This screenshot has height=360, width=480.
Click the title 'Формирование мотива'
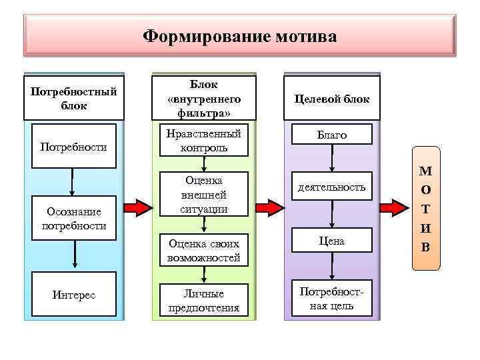tap(240, 35)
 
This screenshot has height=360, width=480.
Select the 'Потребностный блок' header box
tap(73, 98)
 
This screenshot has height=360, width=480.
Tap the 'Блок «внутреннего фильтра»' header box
tap(203, 98)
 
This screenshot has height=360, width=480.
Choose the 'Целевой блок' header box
tap(331, 98)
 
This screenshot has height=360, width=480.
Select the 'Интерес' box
tap(73, 294)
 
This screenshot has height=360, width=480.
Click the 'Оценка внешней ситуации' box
tap(203, 195)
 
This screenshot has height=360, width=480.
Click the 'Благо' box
tap(331, 135)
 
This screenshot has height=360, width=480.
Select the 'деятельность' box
tap(331, 189)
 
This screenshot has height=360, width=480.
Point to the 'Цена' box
tap(331, 241)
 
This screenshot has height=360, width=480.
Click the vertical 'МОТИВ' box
tap(426, 217)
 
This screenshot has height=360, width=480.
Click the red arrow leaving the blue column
tap(138, 207)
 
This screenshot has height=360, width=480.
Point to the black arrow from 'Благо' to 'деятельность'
tap(331, 159)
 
